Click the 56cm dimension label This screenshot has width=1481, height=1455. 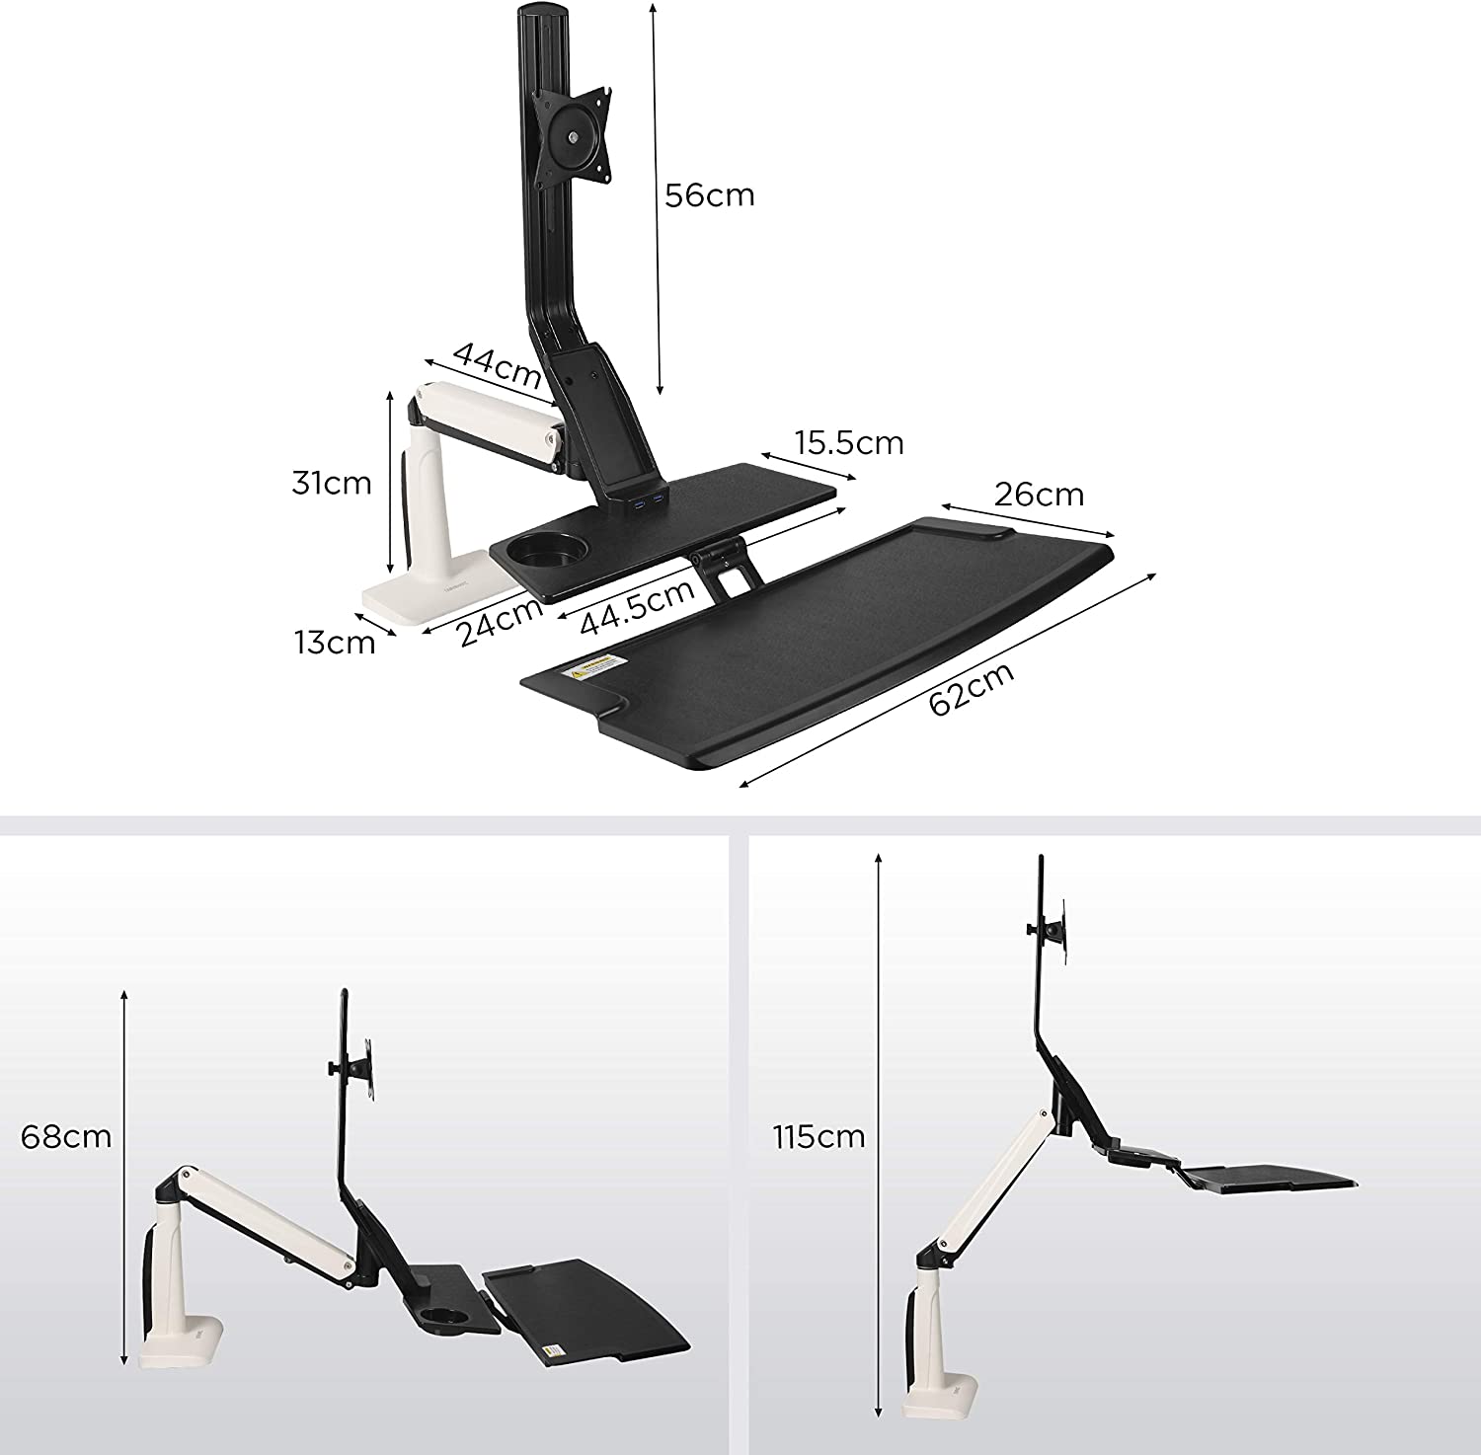click(x=709, y=194)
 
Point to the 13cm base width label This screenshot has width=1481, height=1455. click(x=335, y=643)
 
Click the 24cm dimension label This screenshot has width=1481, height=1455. click(x=502, y=620)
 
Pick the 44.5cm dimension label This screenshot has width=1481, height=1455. click(x=637, y=609)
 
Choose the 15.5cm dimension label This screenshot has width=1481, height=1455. click(x=850, y=443)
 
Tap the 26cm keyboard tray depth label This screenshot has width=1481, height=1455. click(x=1039, y=494)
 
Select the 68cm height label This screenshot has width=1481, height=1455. click(x=66, y=1136)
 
